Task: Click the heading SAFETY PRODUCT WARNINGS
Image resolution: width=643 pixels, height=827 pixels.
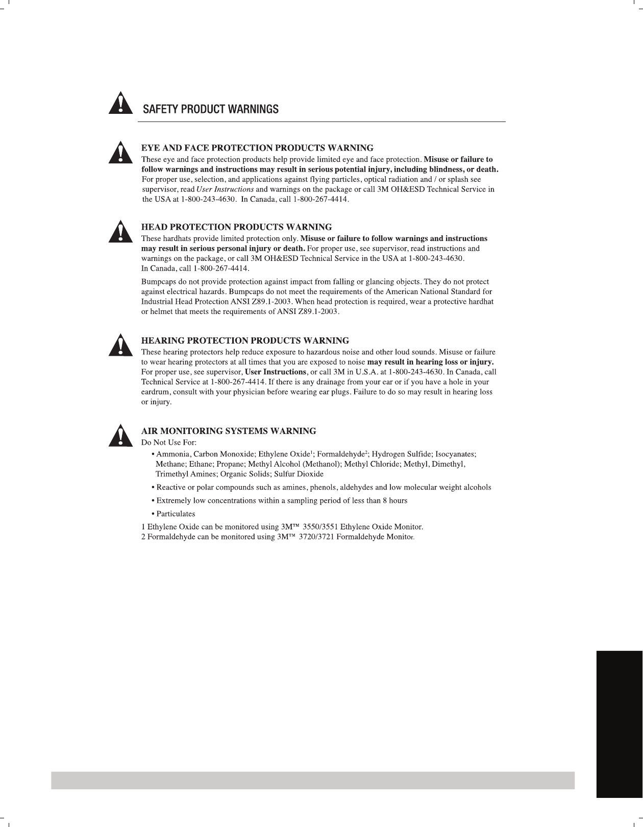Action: tap(211, 109)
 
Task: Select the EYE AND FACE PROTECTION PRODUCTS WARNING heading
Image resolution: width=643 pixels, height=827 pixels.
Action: tap(257, 148)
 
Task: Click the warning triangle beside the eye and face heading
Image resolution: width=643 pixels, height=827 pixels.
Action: tap(119, 152)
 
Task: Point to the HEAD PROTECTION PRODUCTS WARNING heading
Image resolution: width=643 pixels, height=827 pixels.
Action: tap(236, 227)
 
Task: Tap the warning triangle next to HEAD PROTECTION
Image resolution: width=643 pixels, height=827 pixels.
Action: tap(119, 231)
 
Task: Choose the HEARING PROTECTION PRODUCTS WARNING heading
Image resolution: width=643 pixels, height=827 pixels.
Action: tap(245, 340)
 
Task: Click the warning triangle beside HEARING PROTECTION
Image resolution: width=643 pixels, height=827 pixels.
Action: tap(119, 345)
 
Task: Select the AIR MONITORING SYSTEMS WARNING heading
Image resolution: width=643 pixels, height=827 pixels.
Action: tap(229, 431)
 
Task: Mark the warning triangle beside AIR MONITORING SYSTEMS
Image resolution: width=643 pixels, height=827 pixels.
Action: tap(119, 435)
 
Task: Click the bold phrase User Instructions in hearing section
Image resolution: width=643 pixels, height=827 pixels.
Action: tap(276, 372)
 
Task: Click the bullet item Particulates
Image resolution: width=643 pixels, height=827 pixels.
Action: tap(176, 514)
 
